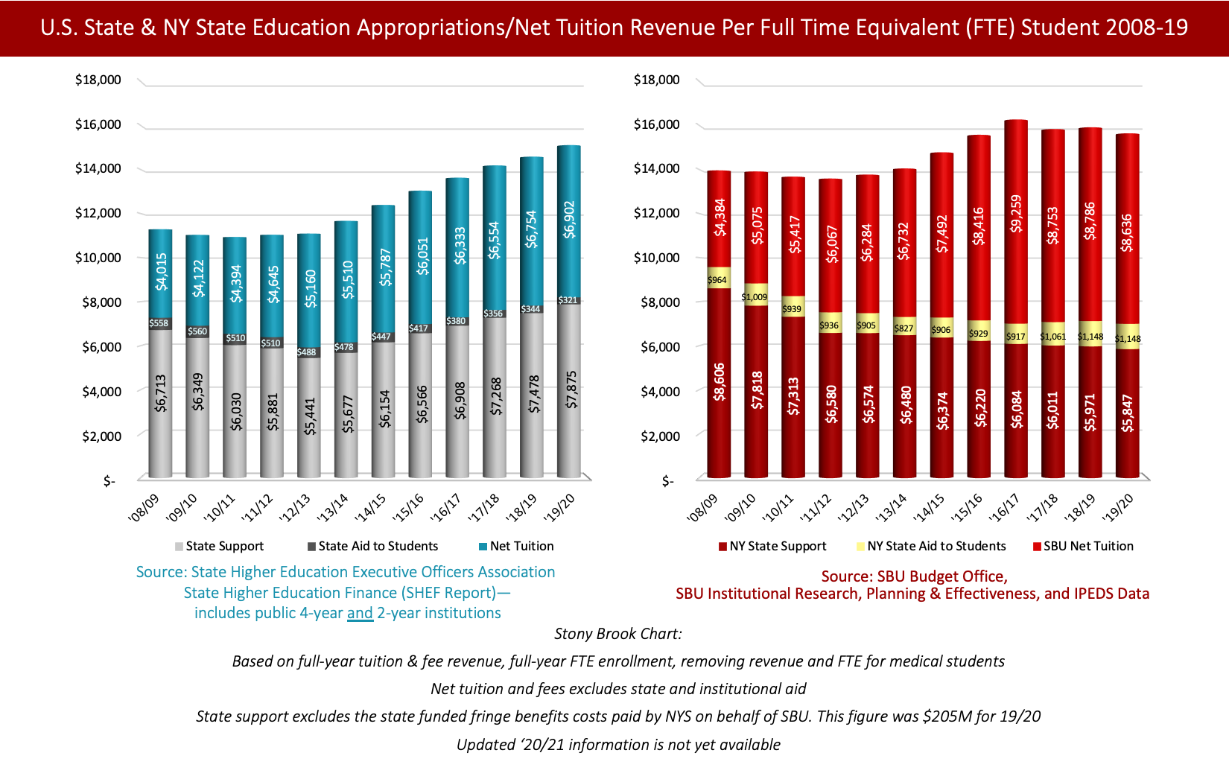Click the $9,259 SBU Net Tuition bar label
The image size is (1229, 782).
coord(1016,214)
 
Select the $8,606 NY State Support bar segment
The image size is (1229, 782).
coord(719,382)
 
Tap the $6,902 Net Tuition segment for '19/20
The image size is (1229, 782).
coord(569,220)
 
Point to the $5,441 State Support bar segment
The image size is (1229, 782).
coord(310,416)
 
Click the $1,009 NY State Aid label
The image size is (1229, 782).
coord(755,297)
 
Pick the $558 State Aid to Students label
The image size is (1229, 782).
coord(159,323)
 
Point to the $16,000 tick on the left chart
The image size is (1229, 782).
coord(98,124)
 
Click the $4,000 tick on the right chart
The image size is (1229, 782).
coord(656,391)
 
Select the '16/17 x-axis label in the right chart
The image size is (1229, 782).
coord(1003,507)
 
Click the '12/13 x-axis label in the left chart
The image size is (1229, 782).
coord(294,507)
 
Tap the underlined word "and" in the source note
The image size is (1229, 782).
coord(360,613)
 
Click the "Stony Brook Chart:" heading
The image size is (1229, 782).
coord(617,634)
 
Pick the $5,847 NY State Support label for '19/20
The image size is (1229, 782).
coord(1127,413)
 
